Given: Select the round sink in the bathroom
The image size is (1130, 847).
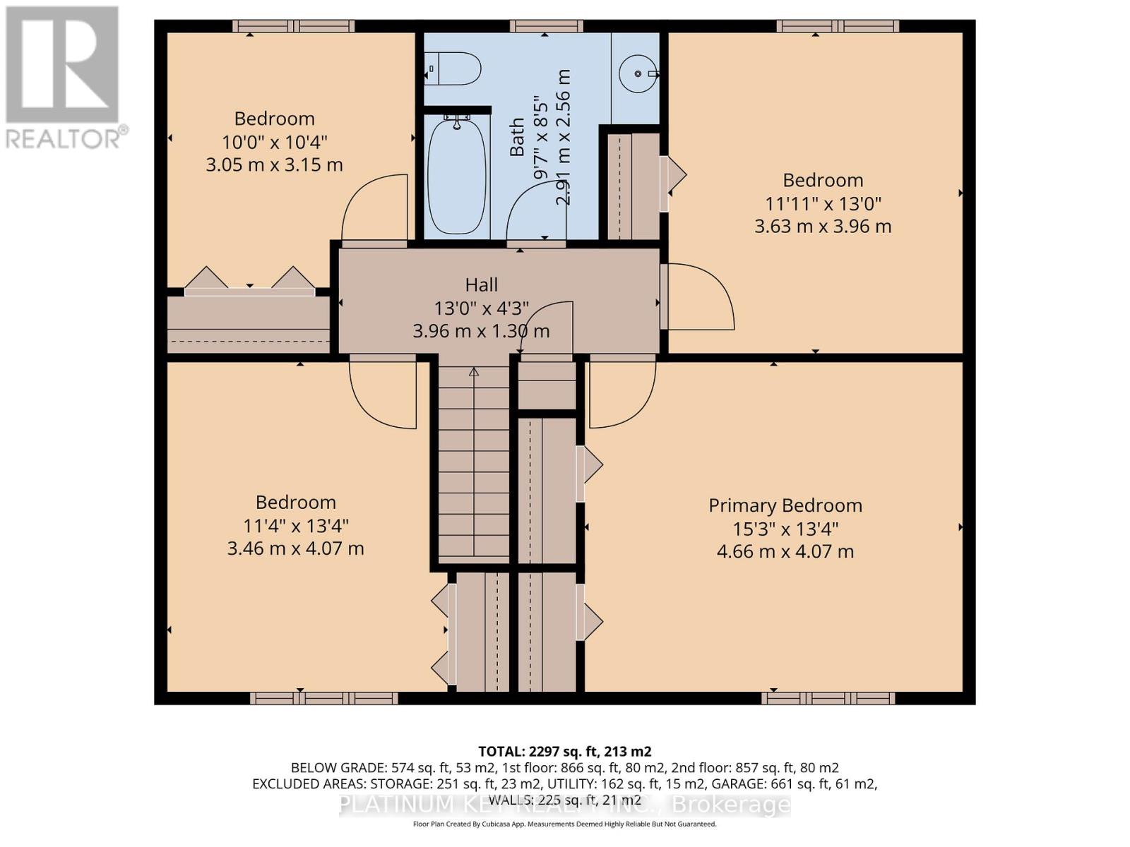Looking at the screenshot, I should pos(638,73).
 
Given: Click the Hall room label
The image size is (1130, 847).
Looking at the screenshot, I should pos(481,284).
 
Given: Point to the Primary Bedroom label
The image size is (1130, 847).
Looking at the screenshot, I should pos(785,505).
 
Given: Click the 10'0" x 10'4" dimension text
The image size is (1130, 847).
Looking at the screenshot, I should pos(274,142).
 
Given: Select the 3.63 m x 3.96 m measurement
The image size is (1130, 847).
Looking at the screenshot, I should pos(823,227).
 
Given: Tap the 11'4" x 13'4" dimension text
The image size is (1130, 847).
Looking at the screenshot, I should pos(295,526).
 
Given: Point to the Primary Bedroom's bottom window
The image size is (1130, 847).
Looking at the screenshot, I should pos(828,698).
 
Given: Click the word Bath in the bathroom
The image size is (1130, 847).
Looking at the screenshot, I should pos(518,137).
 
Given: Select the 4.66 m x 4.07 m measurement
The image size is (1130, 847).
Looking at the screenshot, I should pos(785,552).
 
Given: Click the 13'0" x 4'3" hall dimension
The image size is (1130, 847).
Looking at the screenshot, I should pos(481,308).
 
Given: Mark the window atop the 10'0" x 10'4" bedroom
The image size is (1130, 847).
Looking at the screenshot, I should pos(294,26).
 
